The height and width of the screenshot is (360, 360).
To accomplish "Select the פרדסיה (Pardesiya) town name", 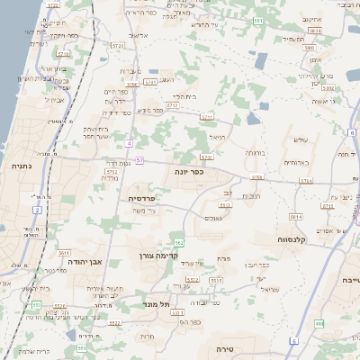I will click(142, 198).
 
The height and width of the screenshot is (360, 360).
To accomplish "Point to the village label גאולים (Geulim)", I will click(213, 218).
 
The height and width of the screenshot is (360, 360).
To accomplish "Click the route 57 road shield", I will click(139, 161).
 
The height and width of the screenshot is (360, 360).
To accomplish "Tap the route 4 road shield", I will click(130, 143).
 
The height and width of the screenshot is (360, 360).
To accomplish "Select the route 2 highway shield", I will click(38, 210).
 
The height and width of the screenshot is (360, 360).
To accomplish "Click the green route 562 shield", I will click(179, 242).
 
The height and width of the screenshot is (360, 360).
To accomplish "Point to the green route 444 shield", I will click(319, 322).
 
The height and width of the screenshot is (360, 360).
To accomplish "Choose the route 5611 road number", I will click(63, 253).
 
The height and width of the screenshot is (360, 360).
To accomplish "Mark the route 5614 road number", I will click(295, 217).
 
